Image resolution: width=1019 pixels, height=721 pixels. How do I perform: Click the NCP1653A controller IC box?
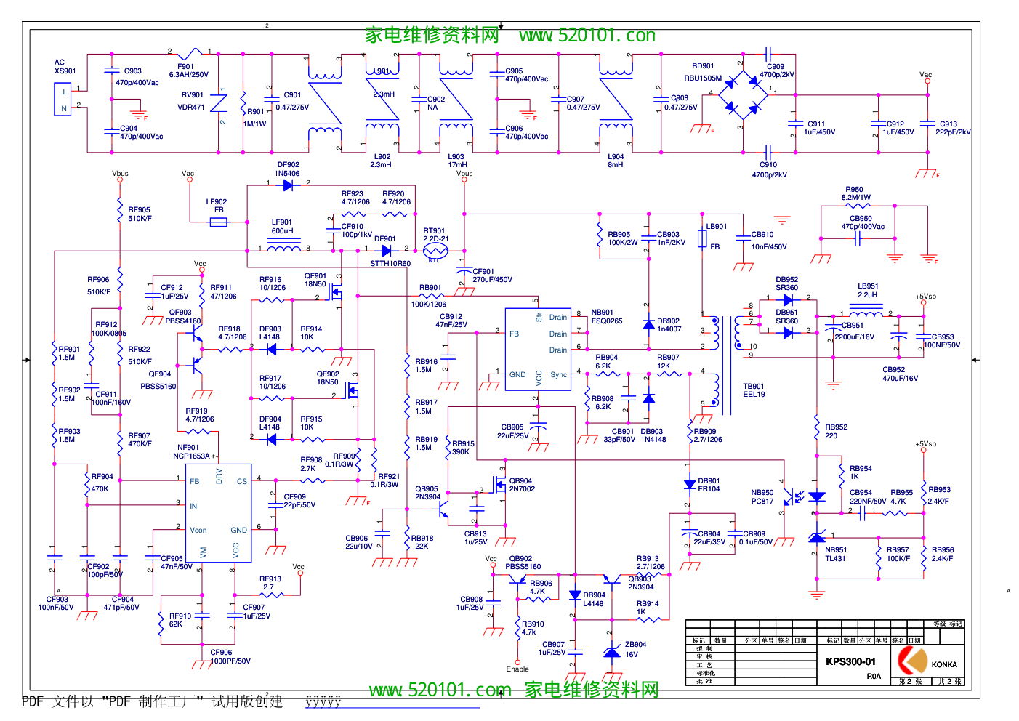click(219, 512)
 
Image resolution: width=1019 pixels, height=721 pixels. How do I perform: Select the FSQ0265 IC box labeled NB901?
click(538, 349)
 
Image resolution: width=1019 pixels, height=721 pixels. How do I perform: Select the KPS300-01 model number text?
click(850, 661)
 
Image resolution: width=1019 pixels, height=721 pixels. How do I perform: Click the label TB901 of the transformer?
click(754, 387)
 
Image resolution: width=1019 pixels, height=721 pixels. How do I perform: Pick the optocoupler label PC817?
click(762, 501)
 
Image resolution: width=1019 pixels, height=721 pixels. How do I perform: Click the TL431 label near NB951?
click(835, 558)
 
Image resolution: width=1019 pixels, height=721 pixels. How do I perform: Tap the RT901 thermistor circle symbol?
click(435, 250)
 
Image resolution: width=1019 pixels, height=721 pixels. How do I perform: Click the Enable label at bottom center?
click(517, 669)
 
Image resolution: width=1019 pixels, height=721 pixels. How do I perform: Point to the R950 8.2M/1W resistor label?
click(855, 193)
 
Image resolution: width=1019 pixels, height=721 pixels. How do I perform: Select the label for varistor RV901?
click(192, 94)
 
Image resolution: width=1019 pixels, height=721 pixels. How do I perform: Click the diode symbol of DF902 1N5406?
click(288, 185)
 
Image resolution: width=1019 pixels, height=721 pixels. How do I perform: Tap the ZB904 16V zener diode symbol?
click(612, 652)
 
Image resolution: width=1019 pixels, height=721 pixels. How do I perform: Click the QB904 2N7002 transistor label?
click(522, 485)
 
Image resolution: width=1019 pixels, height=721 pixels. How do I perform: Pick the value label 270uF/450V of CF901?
click(492, 279)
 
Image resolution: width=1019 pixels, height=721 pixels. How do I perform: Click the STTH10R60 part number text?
click(390, 263)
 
